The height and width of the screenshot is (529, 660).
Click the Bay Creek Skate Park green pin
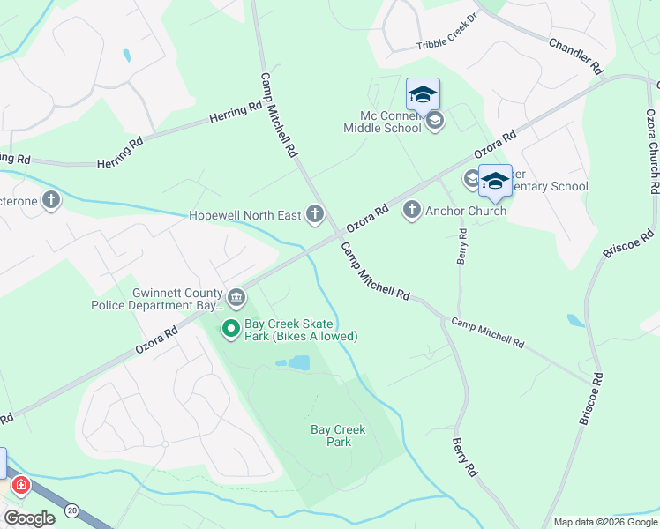pos(231,329)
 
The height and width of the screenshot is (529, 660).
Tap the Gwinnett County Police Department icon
pos(236,296)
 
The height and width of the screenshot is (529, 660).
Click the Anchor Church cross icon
pos(411,210)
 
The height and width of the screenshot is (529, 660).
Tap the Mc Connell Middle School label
pos(382,122)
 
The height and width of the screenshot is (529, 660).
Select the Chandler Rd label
pos(575,54)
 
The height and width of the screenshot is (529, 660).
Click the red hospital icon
pos(20,486)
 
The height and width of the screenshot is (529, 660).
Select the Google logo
pos(30,518)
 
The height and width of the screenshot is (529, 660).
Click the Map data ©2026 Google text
pos(604,522)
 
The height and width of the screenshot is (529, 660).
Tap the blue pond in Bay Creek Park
pos(298,362)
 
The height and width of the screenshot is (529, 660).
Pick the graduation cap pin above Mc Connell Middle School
pos(423,94)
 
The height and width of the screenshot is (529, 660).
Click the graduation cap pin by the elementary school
pos(495,181)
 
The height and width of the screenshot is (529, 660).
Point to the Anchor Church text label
pos(466,211)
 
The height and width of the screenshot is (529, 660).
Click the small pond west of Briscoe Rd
pos(575,320)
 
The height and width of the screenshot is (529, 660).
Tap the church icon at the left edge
pos(51,200)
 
